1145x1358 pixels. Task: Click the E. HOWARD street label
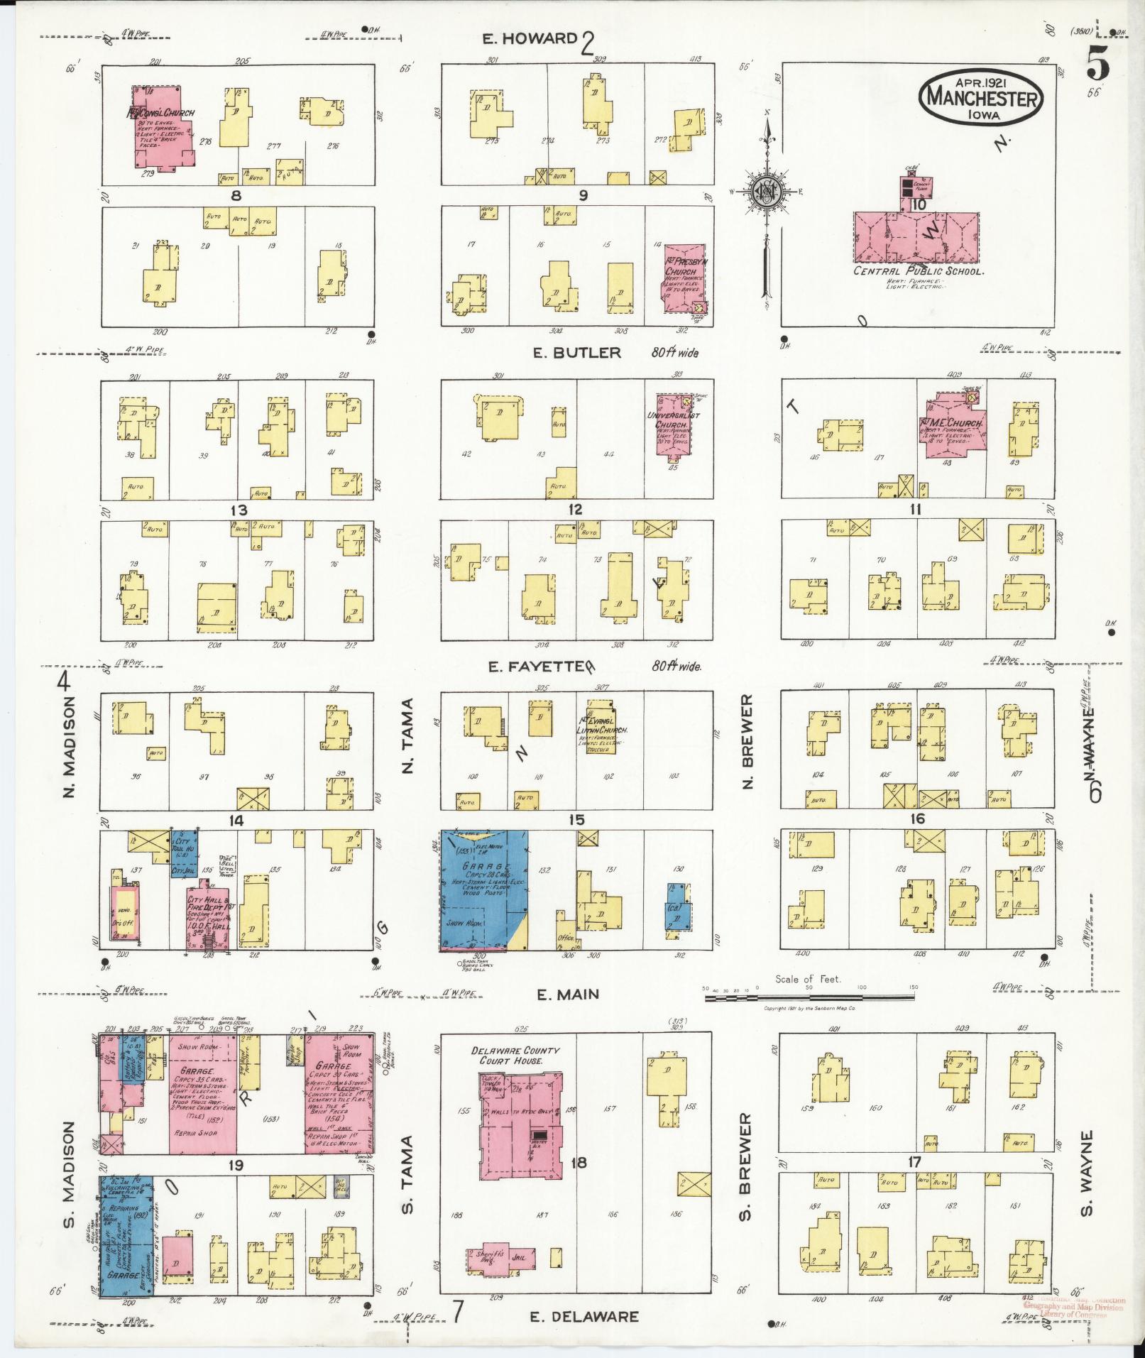click(530, 38)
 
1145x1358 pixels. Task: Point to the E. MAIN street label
click(567, 995)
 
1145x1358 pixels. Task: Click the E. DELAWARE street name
click(584, 1317)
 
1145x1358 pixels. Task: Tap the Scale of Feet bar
click(809, 997)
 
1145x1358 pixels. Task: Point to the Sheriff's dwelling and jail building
click(500, 1257)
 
